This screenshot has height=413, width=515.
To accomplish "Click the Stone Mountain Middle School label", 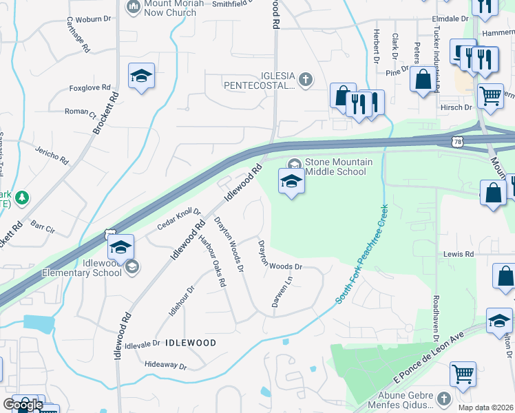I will [338, 167].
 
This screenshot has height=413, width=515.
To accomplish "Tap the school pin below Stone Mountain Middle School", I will [291, 182].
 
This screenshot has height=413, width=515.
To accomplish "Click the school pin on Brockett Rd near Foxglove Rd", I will [141, 76].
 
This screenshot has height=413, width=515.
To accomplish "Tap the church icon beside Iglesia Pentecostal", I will [306, 81].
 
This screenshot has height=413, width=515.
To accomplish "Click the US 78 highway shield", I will [458, 141].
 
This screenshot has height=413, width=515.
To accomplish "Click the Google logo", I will [23, 405].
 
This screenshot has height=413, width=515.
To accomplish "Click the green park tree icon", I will [22, 198].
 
